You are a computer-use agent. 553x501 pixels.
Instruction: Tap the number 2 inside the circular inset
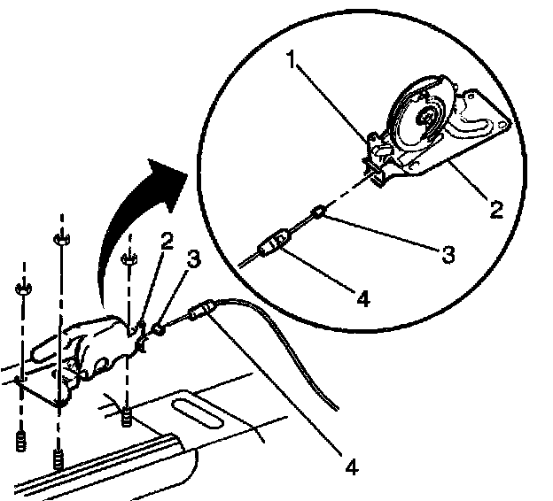tap(496, 210)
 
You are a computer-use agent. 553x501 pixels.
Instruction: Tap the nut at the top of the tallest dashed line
tap(59, 240)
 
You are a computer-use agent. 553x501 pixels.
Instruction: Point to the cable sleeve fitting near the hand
tap(201, 312)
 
